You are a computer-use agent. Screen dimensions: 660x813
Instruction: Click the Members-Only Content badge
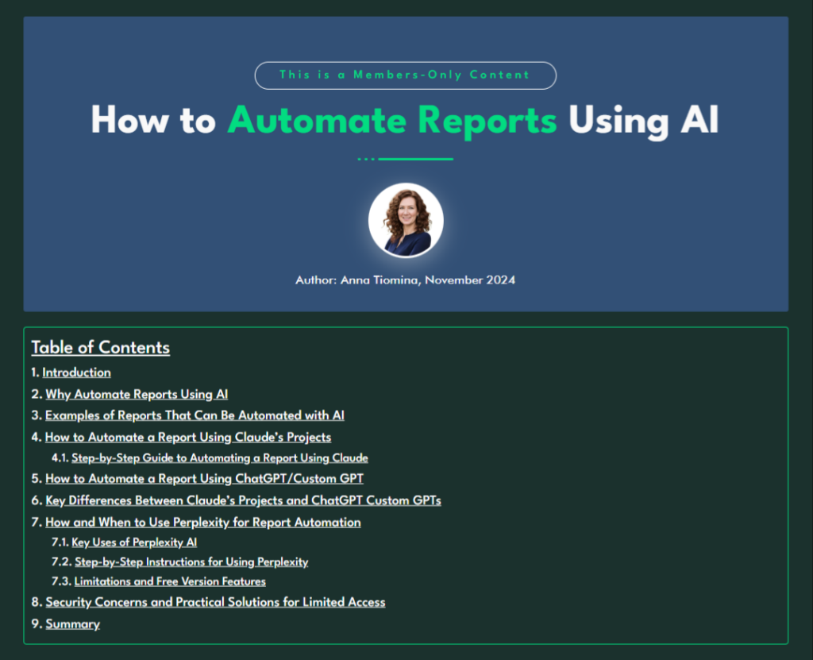pos(405,75)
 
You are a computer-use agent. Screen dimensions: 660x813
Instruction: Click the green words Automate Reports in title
pos(392,121)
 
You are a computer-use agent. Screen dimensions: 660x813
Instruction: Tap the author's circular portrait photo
pos(406,220)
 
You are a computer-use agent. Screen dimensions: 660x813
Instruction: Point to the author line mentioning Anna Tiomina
pos(405,280)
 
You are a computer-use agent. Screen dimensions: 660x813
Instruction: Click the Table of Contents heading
pos(100,347)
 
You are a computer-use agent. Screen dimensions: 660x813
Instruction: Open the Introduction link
pos(76,372)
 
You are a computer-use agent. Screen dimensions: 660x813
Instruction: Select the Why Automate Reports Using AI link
pos(137,394)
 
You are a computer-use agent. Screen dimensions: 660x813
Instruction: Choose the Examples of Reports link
pos(195,415)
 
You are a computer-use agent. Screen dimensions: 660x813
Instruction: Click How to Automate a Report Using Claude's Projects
pos(188,437)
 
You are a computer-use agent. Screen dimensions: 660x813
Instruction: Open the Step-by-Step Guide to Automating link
pos(219,458)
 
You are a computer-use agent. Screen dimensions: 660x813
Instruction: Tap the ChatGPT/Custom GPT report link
pos(204,479)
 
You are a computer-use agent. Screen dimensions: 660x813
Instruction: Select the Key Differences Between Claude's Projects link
pos(243,500)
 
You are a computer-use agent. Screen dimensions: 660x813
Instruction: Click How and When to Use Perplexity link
pos(203,522)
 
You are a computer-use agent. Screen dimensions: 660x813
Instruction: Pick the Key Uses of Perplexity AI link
pos(134,542)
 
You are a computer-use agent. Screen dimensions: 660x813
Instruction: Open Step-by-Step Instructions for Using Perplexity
pos(191,562)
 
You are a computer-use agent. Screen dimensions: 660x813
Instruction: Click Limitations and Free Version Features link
pos(170,581)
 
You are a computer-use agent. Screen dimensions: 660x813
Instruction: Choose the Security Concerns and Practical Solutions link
pos(215,602)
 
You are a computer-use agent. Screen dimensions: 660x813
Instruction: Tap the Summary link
pos(72,623)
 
